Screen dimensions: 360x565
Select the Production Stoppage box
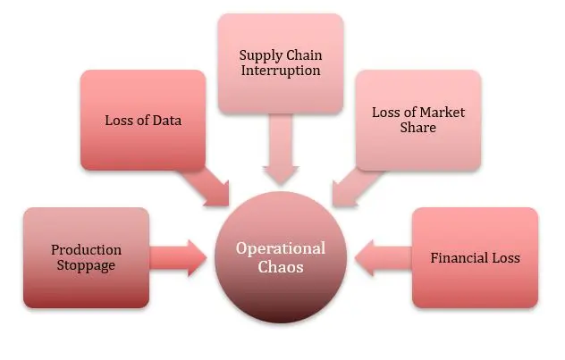pyautogui.click(x=86, y=257)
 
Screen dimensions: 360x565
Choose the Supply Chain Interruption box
pyautogui.click(x=280, y=63)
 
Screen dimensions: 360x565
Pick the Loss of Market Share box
pyautogui.click(x=417, y=120)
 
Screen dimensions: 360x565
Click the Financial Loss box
pyautogui.click(x=475, y=257)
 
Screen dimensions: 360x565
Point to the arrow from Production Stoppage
pyautogui.click(x=178, y=257)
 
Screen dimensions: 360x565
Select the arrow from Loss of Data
pyautogui.click(x=208, y=184)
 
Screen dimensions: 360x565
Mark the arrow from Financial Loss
pyautogui.click(x=382, y=257)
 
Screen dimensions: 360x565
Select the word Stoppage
pyautogui.click(x=86, y=265)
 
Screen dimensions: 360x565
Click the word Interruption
pyautogui.click(x=280, y=71)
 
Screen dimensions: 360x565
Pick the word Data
pyautogui.click(x=167, y=120)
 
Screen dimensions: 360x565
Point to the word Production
pyautogui.click(x=86, y=249)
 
